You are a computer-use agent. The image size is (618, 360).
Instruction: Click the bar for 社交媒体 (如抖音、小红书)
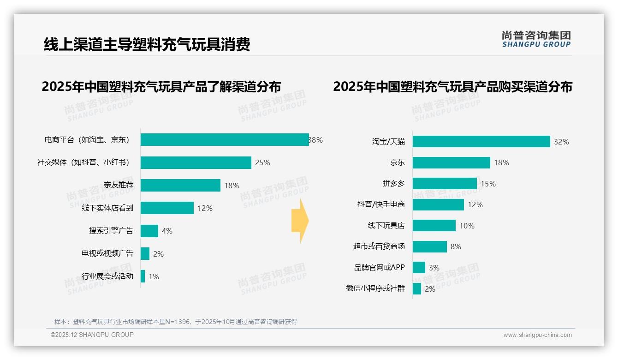[196, 162]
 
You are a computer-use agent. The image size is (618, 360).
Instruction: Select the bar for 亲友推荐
[180, 186]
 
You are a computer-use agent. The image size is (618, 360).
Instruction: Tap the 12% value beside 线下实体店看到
[205, 208]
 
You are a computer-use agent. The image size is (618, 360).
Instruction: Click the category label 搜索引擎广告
[111, 231]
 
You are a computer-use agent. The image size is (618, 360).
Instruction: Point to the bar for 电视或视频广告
[145, 254]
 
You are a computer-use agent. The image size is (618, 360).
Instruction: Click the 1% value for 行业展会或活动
[154, 276]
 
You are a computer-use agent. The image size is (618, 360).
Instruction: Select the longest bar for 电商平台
[225, 140]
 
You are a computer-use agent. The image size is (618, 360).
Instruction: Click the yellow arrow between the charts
[300, 221]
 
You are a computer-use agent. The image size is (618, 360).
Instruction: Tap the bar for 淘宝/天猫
[481, 142]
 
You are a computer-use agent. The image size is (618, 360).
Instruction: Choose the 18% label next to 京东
[501, 162]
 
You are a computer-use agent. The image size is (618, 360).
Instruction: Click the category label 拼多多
[393, 184]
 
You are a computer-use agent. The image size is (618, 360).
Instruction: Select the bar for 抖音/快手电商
[438, 204]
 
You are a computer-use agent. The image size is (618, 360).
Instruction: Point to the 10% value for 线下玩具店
[467, 226]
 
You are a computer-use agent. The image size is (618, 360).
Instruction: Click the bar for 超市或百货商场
[429, 246]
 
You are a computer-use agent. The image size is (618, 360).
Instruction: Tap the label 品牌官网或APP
[379, 268]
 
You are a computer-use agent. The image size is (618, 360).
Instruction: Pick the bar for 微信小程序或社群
[417, 289]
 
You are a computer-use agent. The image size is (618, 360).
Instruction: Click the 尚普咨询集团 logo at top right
[536, 39]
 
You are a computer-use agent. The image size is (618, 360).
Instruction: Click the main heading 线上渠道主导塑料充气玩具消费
[147, 45]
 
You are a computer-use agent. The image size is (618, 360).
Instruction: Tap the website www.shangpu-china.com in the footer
[537, 335]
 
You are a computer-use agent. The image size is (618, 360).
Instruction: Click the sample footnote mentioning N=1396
[176, 322]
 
